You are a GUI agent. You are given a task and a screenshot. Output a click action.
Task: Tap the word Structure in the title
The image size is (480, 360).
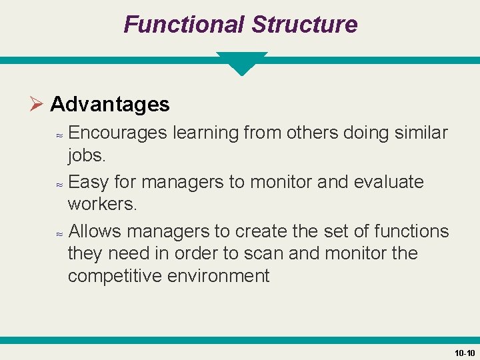(304, 25)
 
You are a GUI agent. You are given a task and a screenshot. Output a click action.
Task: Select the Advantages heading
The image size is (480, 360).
(110, 104)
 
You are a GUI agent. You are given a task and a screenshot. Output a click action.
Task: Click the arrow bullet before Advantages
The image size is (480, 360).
(37, 104)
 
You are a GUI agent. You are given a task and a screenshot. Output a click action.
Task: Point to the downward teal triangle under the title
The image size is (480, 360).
(241, 63)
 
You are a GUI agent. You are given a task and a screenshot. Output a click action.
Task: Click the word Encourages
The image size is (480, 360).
(117, 133)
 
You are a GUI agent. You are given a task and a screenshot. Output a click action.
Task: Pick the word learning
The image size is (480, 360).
(205, 133)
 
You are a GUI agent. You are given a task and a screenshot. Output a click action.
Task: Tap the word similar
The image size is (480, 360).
(420, 133)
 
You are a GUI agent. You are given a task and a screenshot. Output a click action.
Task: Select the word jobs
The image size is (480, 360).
(87, 155)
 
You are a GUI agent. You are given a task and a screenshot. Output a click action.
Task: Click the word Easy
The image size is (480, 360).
(89, 182)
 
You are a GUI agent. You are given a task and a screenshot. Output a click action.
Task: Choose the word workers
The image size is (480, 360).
(102, 204)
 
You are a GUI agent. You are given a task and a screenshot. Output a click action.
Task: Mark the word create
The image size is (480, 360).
(261, 231)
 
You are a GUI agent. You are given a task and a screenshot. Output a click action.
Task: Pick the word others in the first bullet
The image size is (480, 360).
(312, 133)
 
